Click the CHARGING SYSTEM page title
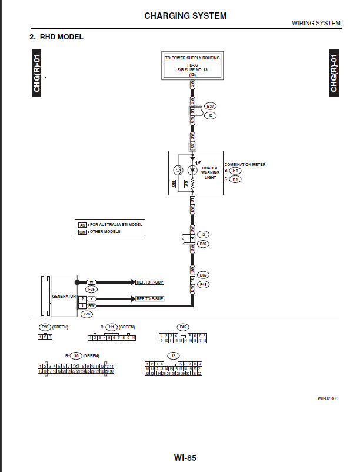pyautogui.click(x=185, y=16)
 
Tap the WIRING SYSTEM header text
pyautogui.click(x=316, y=24)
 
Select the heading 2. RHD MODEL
pyautogui.click(x=56, y=37)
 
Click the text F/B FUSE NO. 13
pyautogui.click(x=192, y=69)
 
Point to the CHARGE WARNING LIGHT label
pyautogui.click(x=210, y=172)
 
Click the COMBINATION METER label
pyautogui.click(x=245, y=165)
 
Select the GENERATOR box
pyautogui.click(x=64, y=295)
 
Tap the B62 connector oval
pyautogui.click(x=204, y=275)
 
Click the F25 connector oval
pyautogui.click(x=92, y=290)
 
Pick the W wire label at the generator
pyautogui.click(x=91, y=282)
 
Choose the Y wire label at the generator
pyautogui.click(x=91, y=299)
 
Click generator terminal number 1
pyautogui.click(x=82, y=306)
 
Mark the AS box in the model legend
pyautogui.click(x=82, y=225)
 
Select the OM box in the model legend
pyautogui.click(x=82, y=232)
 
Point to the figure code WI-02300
pyautogui.click(x=328, y=398)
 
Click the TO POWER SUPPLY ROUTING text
pyautogui.click(x=192, y=58)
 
